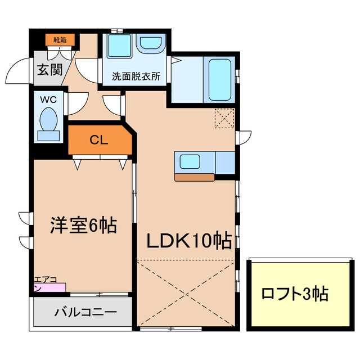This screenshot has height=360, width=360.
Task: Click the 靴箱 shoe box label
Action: (60, 40)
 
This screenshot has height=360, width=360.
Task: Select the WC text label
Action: (48, 100)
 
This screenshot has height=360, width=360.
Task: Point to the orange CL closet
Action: (99, 141)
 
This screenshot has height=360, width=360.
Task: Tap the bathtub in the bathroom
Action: (219, 80)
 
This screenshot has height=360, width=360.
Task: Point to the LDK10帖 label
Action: (189, 241)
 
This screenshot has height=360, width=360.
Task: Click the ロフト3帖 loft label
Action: (294, 293)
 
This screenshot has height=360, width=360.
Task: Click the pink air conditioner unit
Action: (50, 287)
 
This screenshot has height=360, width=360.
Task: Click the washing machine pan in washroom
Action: (120, 46)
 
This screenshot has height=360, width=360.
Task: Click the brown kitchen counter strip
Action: (195, 177)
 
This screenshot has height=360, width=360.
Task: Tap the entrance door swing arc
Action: (17, 71)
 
